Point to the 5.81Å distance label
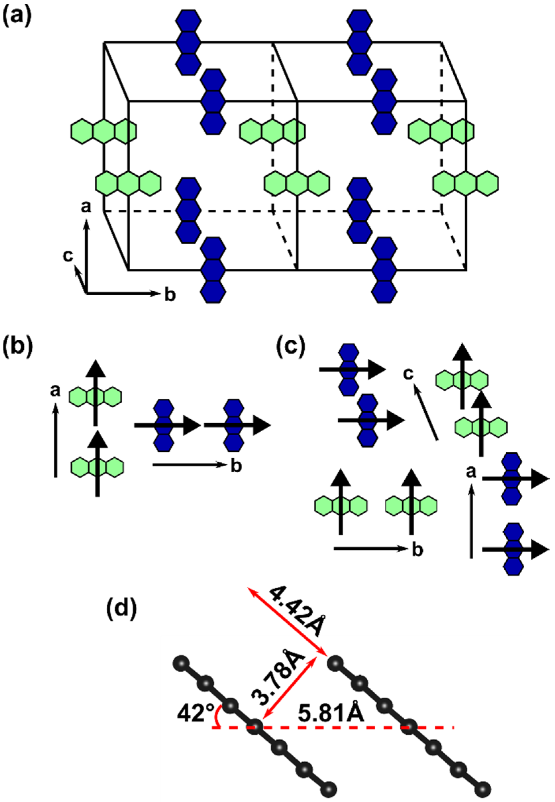pyautogui.click(x=331, y=709)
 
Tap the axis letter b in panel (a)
pyautogui.click(x=170, y=295)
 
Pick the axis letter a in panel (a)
pyautogui.click(x=85, y=207)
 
